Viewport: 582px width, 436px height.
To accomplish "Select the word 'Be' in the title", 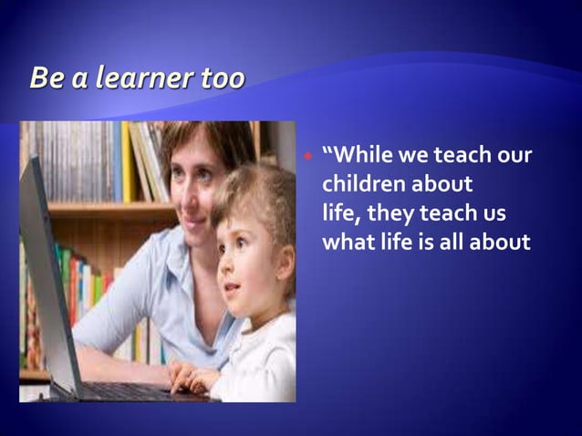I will (47, 79).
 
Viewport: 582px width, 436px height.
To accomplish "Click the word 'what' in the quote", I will (344, 242).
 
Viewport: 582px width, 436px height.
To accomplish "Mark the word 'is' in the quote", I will (414, 242).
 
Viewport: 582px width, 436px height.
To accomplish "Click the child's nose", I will (225, 268).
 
